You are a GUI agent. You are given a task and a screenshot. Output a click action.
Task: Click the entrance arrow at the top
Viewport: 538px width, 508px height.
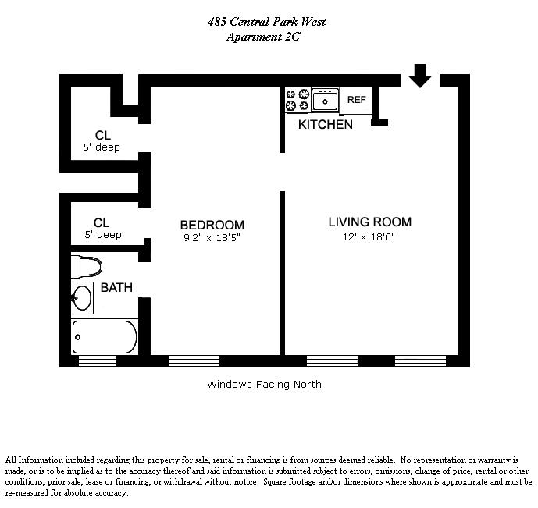point(420,76)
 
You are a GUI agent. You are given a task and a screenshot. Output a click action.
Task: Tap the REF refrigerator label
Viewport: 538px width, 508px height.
point(356,100)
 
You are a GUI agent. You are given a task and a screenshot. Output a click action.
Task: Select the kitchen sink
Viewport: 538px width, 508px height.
point(325,101)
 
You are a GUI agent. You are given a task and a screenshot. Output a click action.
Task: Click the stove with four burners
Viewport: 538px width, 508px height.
point(298,101)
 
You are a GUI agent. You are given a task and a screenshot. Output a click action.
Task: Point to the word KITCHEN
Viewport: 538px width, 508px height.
point(325,124)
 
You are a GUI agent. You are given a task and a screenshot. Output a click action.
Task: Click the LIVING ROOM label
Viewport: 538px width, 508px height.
point(369,222)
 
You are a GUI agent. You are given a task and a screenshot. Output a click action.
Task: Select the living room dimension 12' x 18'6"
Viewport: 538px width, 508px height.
point(369,237)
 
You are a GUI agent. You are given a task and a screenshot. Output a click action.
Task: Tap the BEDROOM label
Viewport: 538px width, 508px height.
point(212,225)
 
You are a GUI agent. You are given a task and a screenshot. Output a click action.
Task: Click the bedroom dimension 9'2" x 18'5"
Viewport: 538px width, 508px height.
point(212,238)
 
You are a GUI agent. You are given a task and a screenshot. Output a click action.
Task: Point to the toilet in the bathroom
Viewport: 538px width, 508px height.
point(87,267)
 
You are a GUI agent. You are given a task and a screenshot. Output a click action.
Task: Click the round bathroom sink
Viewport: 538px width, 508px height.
point(81,297)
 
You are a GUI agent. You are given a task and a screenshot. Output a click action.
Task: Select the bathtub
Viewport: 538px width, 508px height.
point(104,337)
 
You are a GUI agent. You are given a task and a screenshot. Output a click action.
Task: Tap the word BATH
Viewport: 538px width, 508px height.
point(116,288)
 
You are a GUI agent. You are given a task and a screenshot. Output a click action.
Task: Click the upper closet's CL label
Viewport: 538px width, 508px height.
point(102,134)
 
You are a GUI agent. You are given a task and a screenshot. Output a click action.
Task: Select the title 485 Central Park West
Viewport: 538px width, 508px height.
point(266,22)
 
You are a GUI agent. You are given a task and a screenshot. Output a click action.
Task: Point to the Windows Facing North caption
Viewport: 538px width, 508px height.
point(264,384)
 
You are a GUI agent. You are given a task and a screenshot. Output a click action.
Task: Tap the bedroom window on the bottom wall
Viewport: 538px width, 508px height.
point(194,361)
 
